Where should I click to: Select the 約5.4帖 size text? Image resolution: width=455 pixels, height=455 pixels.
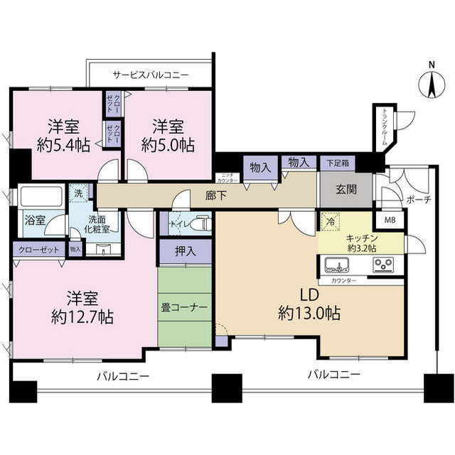[63, 145]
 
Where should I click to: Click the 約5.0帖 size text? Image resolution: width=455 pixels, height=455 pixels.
[168, 145]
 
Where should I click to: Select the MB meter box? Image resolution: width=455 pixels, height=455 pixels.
[390, 220]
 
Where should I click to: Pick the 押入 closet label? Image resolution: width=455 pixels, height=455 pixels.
[184, 250]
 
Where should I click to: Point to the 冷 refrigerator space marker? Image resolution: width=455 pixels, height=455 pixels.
[329, 221]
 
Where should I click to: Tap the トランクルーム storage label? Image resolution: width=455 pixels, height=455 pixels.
[384, 127]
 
